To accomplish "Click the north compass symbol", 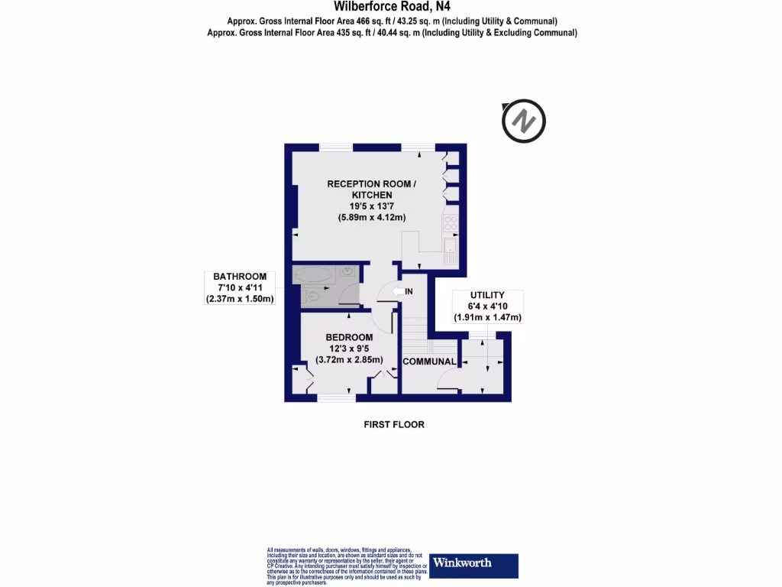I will (x=524, y=121).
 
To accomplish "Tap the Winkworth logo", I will (x=474, y=565).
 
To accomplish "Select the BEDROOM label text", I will (x=349, y=337).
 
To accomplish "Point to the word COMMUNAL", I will (x=429, y=362).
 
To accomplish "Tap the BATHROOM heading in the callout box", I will (x=240, y=277).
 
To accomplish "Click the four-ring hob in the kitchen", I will (x=451, y=224).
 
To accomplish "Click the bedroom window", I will (x=337, y=397).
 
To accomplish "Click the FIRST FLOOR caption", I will (x=393, y=424).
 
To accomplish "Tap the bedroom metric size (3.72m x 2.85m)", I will (x=350, y=360).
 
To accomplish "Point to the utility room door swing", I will (x=450, y=381).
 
